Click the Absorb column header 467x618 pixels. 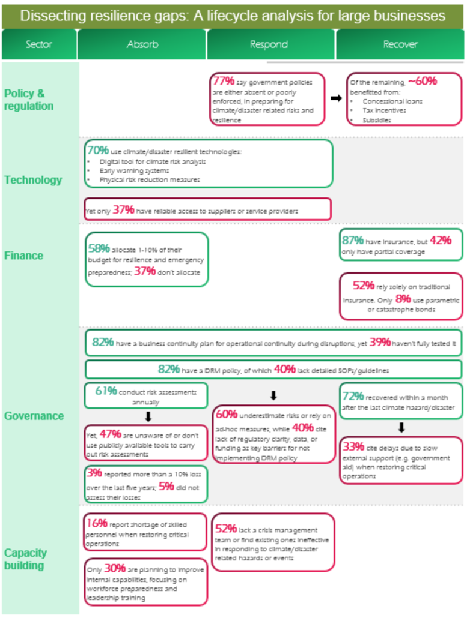pyautogui.click(x=142, y=44)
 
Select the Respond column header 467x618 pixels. pyautogui.click(x=269, y=44)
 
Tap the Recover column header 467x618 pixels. pyautogui.click(x=400, y=44)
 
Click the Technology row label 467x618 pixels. pyautogui.click(x=33, y=180)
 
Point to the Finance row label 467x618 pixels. pyautogui.click(x=23, y=256)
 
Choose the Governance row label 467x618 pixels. pyautogui.click(x=34, y=416)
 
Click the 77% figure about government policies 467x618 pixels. pyautogui.click(x=224, y=81)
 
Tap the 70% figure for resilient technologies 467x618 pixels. pyautogui.click(x=98, y=150)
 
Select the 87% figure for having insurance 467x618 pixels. pyautogui.click(x=353, y=240)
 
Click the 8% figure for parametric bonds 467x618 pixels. pyautogui.click(x=403, y=299)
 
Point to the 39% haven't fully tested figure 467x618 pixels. pyautogui.click(x=380, y=342)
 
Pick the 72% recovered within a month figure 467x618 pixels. pyautogui.click(x=353, y=396)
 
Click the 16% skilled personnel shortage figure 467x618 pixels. pyautogui.click(x=97, y=523)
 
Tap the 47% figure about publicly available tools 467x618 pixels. pyautogui.click(x=110, y=434)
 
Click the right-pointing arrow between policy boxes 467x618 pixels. pyautogui.click(x=336, y=98)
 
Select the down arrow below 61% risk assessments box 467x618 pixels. pyautogui.click(x=148, y=416)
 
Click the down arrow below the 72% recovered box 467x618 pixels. pyautogui.click(x=401, y=428)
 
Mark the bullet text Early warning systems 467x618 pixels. pyautogui.click(x=134, y=170)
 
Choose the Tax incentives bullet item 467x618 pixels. pyautogui.click(x=384, y=110)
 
